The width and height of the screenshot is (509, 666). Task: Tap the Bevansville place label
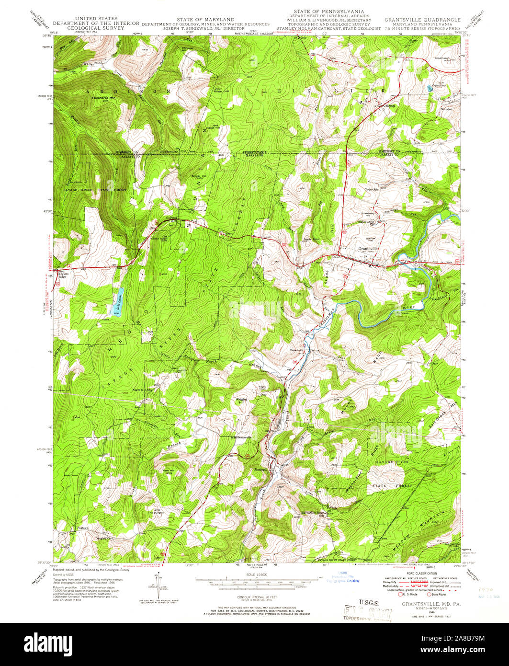click(x=244, y=437)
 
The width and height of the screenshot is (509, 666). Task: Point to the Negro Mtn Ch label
click(x=142, y=390)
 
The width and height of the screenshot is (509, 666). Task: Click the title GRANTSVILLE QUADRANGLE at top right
click(x=422, y=20)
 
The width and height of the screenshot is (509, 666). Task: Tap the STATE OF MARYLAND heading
click(x=205, y=19)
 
